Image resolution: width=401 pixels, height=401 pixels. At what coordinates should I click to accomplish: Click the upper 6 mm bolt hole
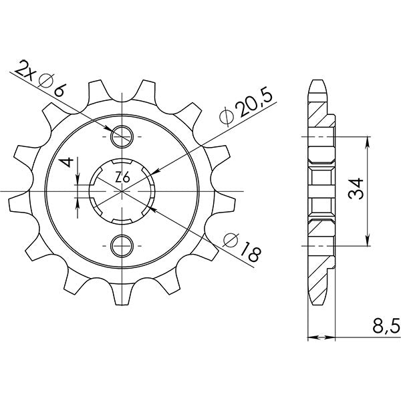click(122, 137)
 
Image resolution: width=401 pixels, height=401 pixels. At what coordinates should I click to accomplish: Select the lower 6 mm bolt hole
click(122, 245)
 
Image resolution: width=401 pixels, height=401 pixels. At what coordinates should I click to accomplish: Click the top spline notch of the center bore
click(122, 161)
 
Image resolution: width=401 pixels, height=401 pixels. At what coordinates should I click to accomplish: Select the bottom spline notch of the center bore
click(122, 221)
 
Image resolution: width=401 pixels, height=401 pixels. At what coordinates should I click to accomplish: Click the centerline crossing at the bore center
click(122, 191)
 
